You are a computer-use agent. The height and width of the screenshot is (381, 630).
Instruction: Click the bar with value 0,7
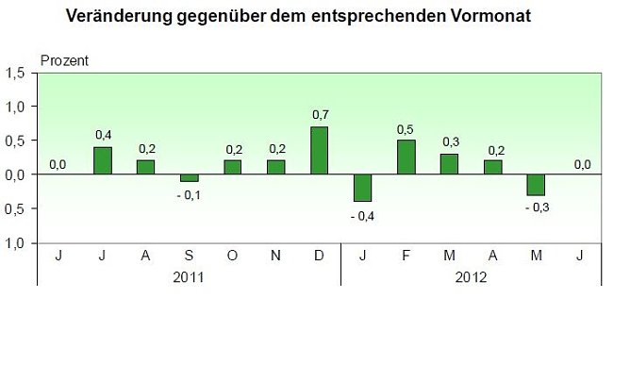[320, 151]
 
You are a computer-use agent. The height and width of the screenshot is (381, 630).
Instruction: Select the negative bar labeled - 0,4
[363, 188]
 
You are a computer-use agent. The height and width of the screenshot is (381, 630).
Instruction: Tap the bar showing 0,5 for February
[406, 157]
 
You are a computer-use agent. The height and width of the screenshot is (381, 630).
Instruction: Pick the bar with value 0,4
[103, 160]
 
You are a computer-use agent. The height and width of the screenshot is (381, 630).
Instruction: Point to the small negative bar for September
[190, 178]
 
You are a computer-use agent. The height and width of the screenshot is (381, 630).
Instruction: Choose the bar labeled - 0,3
[537, 185]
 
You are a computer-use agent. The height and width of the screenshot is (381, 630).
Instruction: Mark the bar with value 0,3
[450, 164]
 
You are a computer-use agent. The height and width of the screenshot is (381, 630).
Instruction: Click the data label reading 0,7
[320, 115]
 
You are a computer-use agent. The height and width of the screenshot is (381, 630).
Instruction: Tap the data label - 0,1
[189, 195]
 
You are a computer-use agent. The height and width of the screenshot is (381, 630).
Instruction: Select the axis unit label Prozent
[64, 61]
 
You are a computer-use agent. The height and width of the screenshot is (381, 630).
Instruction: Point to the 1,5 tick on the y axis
[15, 74]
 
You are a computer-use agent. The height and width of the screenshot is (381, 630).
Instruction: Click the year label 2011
[190, 277]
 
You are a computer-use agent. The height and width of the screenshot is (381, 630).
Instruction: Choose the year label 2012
[472, 277]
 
